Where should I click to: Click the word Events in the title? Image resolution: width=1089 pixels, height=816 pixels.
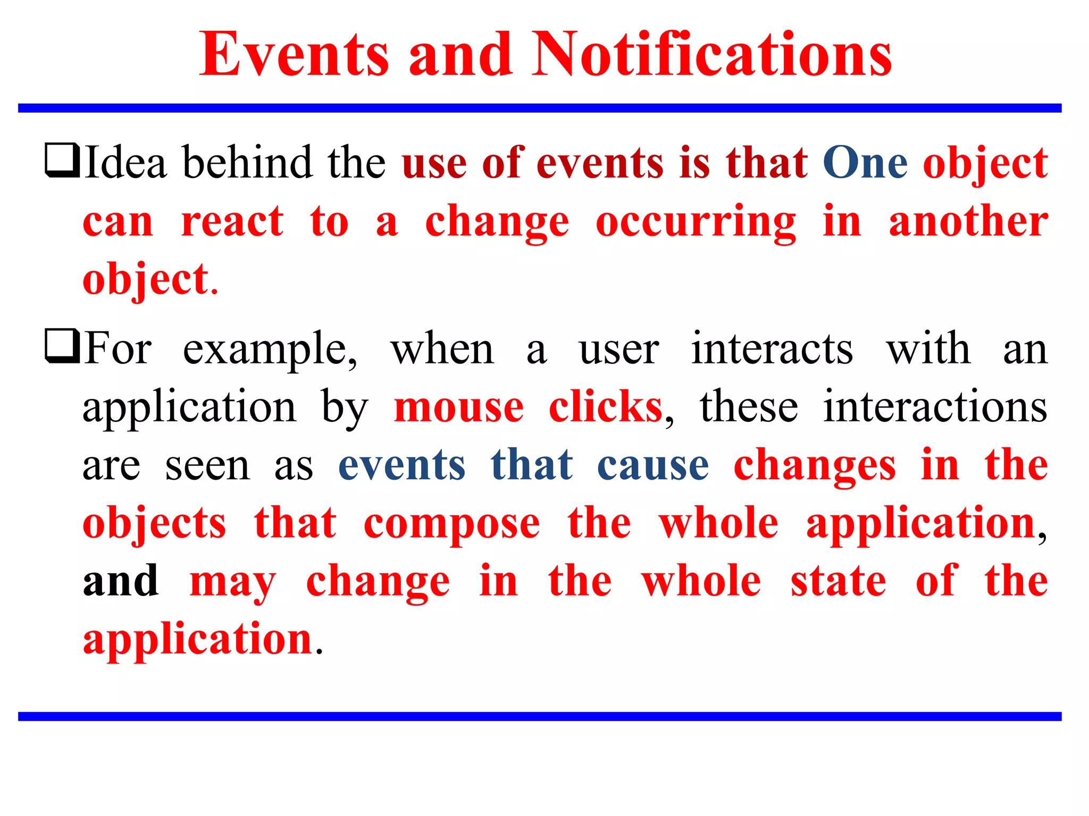pyautogui.click(x=294, y=55)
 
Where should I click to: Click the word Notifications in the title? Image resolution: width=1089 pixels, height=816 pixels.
pyautogui.click(x=712, y=55)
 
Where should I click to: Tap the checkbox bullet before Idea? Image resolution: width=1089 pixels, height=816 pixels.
pyautogui.click(x=62, y=160)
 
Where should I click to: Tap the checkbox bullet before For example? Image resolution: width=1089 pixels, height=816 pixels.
pyautogui.click(x=62, y=346)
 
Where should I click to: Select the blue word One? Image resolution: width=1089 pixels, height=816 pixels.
pyautogui.click(x=865, y=163)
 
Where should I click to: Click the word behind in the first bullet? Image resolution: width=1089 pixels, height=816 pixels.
pyautogui.click(x=247, y=162)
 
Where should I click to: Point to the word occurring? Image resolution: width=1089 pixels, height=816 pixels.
pyautogui.click(x=696, y=222)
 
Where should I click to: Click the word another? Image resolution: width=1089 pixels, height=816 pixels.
pyautogui.click(x=968, y=222)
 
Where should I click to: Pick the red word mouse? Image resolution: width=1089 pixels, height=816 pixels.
pyautogui.click(x=459, y=407)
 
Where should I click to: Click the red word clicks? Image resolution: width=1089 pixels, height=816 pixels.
pyautogui.click(x=606, y=407)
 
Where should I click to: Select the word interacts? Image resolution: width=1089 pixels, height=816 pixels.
pyautogui.click(x=772, y=349)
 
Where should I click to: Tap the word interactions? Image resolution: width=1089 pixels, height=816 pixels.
pyautogui.click(x=935, y=407)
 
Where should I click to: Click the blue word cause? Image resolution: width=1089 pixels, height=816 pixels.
pyautogui.click(x=653, y=465)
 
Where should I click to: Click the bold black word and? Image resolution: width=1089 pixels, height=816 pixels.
pyautogui.click(x=121, y=581)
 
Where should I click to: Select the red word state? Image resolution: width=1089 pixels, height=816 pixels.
pyautogui.click(x=838, y=581)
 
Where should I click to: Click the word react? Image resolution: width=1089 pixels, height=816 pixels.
pyautogui.click(x=232, y=222)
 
